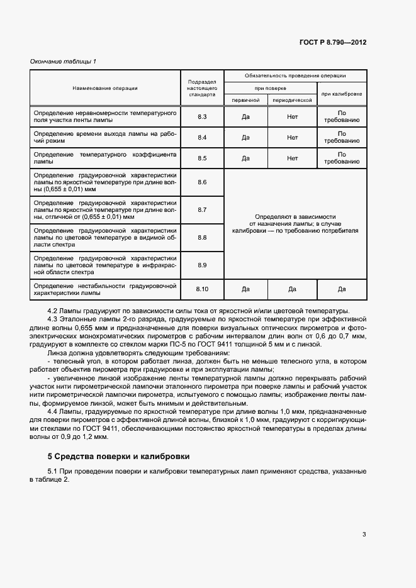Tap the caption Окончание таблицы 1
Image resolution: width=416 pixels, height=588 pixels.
pos(64,61)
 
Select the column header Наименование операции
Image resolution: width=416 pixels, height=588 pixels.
pos(104,88)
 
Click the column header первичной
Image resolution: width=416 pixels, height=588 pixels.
pos(245,99)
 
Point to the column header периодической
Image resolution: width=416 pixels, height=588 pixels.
pos(292,99)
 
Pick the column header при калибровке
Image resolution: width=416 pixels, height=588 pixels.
pos(342,94)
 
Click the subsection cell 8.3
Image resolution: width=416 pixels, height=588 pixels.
pos(202,117)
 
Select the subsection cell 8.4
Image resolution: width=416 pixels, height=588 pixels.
pos(202,137)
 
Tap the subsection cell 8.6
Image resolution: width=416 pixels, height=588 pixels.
pos(202,182)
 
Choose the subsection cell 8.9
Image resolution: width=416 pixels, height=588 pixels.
pos(202,265)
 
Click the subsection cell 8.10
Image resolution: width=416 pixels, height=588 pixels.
pos(202,289)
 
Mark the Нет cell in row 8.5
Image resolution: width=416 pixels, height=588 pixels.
pos(292,158)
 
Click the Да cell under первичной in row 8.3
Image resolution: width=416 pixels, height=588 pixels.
pos(245,117)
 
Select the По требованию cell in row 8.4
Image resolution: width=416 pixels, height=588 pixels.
pos(342,137)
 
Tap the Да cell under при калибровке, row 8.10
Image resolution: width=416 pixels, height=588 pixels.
pos(342,289)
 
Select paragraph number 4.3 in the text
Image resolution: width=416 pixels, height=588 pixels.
pos(54,319)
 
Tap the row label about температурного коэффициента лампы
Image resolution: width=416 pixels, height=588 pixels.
pos(104,158)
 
